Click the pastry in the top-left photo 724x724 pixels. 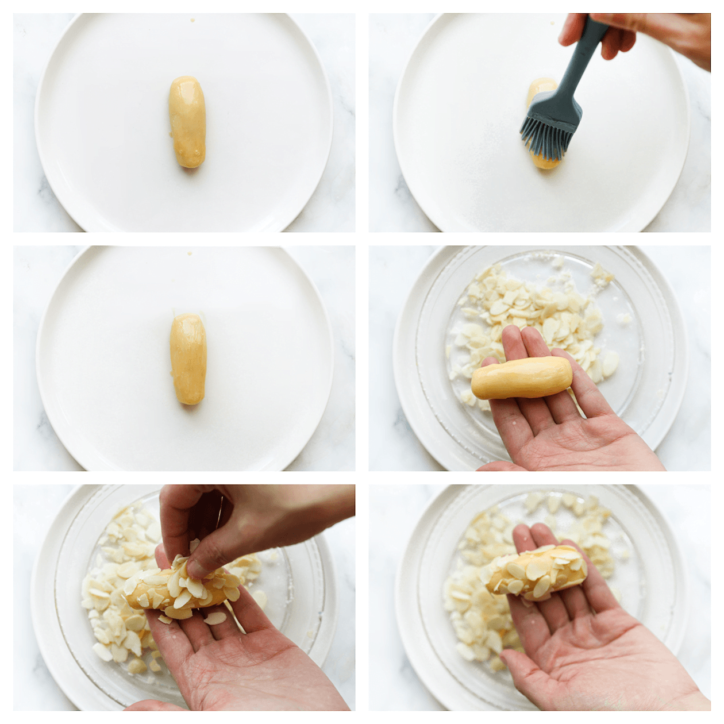coord(187,122)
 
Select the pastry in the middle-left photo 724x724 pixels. coord(188,359)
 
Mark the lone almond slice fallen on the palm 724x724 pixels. coord(215,618)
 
